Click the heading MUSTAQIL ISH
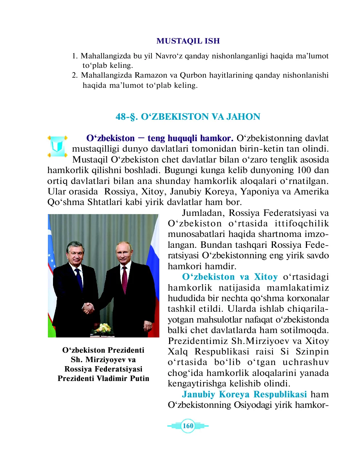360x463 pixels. (x=188, y=41)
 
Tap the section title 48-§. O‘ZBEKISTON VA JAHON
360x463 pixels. (x=188, y=117)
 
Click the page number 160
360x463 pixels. (x=188, y=426)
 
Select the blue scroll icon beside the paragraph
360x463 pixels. (x=57, y=146)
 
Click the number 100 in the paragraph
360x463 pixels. (x=297, y=170)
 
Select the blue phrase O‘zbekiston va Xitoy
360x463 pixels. (x=230, y=277)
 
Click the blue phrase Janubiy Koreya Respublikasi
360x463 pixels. (x=244, y=394)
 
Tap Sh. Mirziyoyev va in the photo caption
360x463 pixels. (x=103, y=360)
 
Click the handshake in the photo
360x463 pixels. (x=88, y=308)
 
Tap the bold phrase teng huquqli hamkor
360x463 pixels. (x=190, y=138)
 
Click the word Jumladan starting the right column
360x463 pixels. (x=204, y=213)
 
